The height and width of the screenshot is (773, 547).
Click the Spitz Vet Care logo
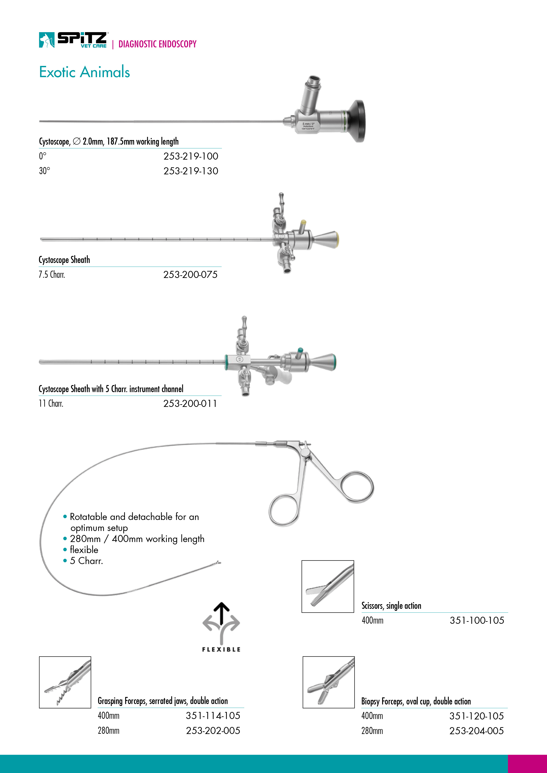(x=73, y=40)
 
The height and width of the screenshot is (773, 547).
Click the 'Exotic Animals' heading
(x=84, y=72)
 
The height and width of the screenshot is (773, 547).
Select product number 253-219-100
(x=191, y=156)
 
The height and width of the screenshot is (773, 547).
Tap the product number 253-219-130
(x=191, y=171)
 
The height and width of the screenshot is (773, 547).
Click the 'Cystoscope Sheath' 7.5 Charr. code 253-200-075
(x=190, y=275)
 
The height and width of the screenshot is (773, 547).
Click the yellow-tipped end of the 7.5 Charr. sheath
(x=337, y=240)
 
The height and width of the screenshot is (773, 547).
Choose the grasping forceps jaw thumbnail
(x=65, y=682)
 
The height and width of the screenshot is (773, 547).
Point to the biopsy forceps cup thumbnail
(x=328, y=682)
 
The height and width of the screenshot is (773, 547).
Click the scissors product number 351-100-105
(x=477, y=620)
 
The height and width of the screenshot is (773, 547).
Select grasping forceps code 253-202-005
(x=213, y=731)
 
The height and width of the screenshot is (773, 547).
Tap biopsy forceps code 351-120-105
(x=476, y=716)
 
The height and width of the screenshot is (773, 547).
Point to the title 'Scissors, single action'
(x=391, y=606)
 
